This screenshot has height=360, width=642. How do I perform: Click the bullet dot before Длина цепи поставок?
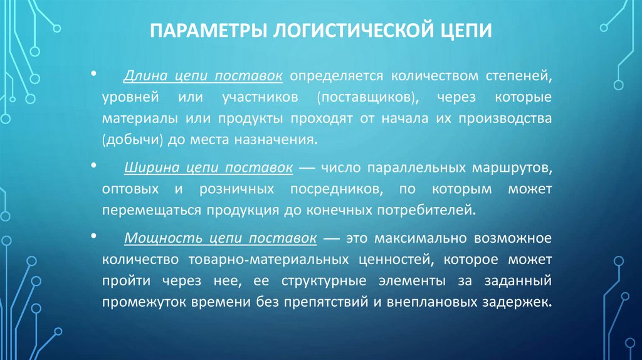tap(93, 75)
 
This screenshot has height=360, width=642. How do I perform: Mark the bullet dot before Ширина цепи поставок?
tap(93, 166)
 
